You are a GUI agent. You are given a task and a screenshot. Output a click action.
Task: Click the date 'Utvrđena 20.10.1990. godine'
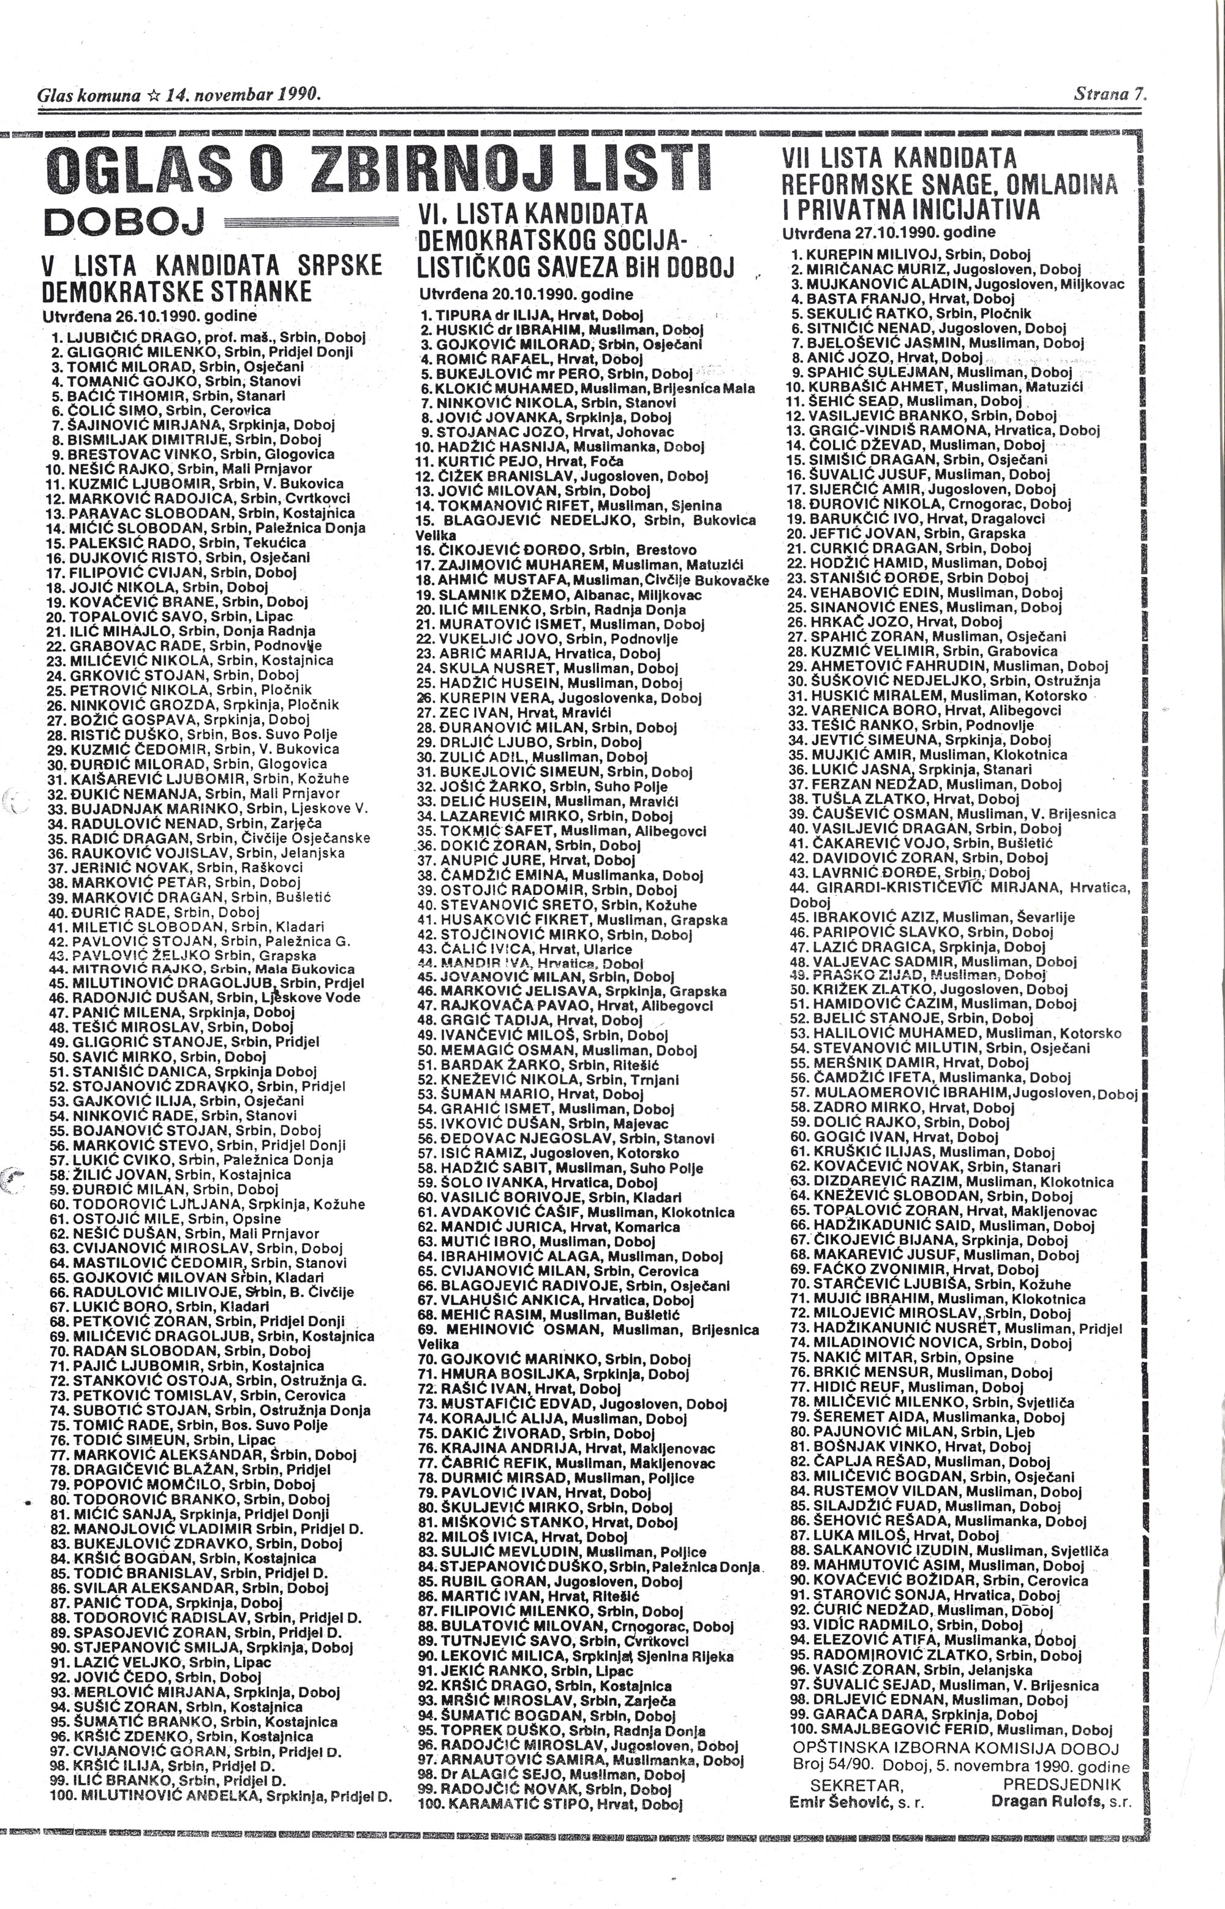pos(526,295)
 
